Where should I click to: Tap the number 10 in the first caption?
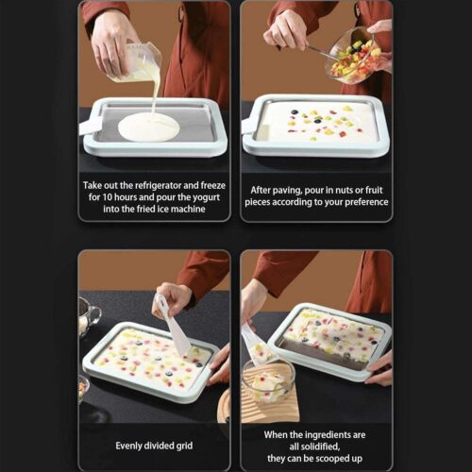[x=107, y=197]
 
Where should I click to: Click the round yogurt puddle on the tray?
[x=149, y=127]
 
